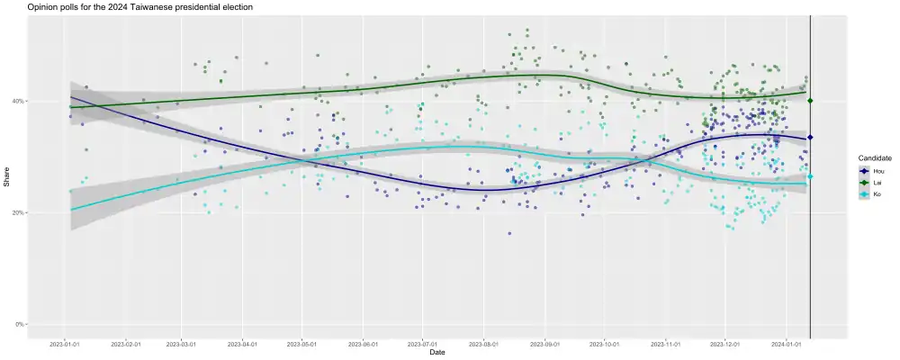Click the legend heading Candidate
[875, 158]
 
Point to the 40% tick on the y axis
[17, 101]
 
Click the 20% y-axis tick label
[17, 212]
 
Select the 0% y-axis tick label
[19, 324]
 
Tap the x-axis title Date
[436, 352]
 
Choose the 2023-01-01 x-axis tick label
[64, 344]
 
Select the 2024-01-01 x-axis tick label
[787, 344]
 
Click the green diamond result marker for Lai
[811, 101]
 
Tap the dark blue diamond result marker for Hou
[811, 137]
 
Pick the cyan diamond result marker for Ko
[811, 176]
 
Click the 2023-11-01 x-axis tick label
[666, 344]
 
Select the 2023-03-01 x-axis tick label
[182, 344]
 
